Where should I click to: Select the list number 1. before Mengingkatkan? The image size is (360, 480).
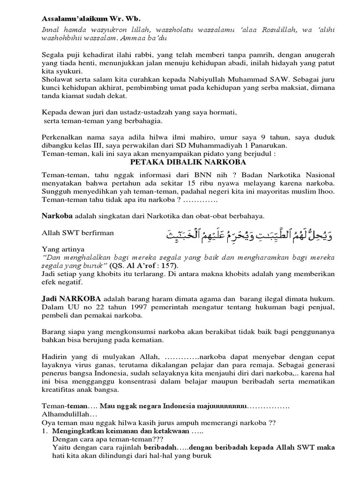click(x=45, y=430)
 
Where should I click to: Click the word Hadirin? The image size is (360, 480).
click(x=55, y=355)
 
